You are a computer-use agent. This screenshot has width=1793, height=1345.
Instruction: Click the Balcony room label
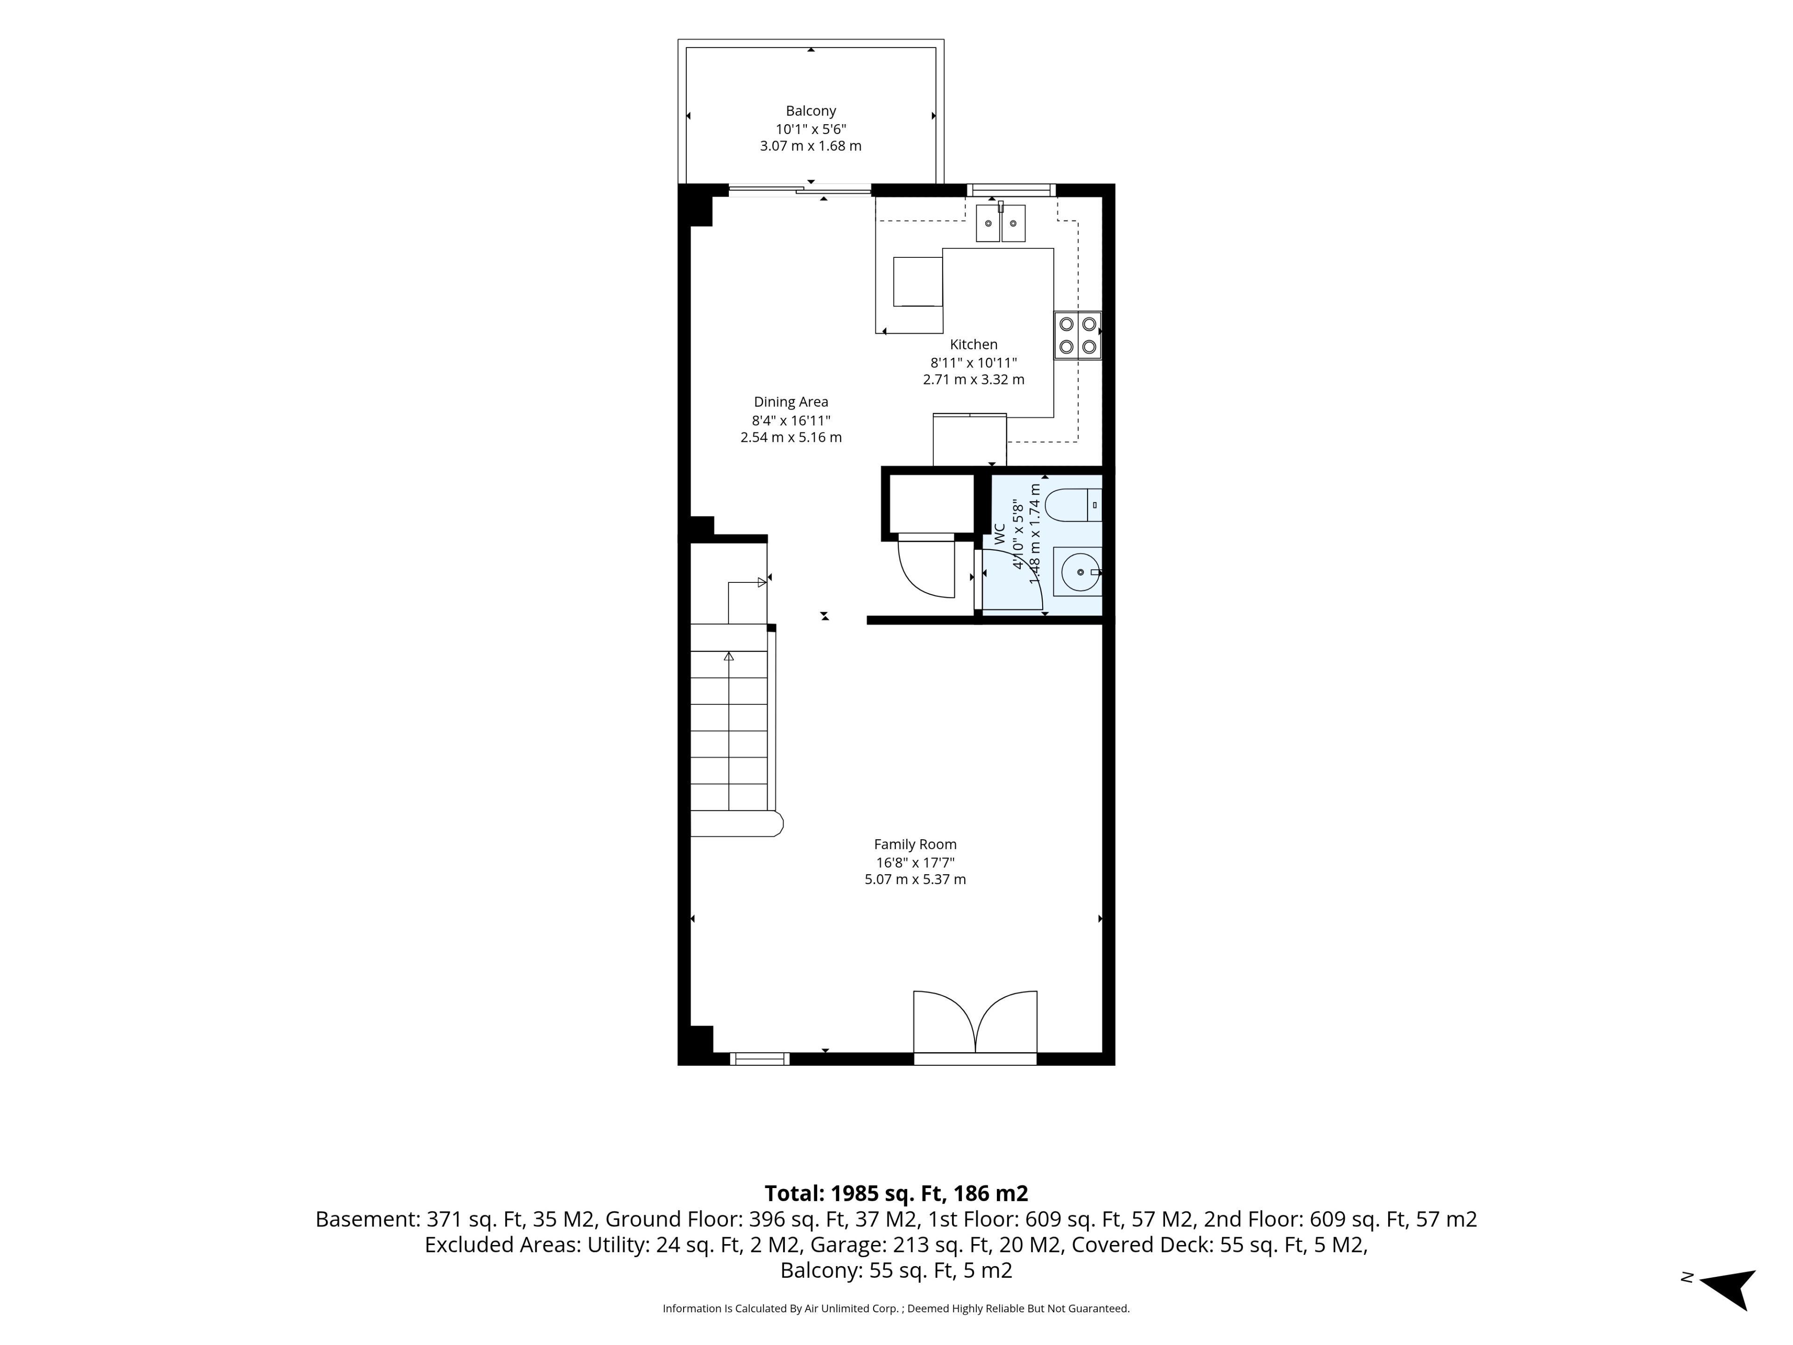811,111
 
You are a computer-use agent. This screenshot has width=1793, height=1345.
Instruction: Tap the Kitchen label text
974,345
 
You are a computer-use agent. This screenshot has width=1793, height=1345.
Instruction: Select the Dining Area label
791,402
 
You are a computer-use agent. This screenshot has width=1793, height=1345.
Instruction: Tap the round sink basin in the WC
1080,573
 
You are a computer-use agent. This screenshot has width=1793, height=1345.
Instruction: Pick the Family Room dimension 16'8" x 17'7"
915,863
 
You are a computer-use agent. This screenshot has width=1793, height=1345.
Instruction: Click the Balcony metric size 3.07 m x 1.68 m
811,146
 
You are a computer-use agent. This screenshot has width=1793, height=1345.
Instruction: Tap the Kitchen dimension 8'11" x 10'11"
974,362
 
